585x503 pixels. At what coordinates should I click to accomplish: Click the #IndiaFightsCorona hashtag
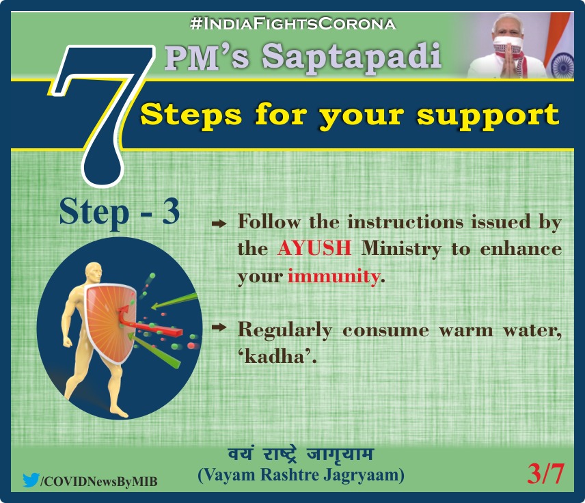pos(293,24)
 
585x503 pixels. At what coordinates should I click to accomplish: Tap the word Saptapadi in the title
pos(351,57)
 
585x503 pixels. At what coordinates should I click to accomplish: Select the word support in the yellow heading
pos(488,115)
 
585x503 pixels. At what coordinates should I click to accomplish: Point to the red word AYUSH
pos(314,248)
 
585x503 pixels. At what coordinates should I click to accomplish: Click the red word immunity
pos(334,276)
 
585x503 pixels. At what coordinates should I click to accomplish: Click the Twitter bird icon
pos(31,480)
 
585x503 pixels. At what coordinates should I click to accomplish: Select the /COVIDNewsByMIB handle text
pos(99,481)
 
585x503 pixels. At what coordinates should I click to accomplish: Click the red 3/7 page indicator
pos(545,474)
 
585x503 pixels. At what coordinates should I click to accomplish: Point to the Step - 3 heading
pos(120,211)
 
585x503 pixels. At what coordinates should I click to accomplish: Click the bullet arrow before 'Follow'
pos(219,224)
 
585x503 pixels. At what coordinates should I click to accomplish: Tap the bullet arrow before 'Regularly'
pos(219,327)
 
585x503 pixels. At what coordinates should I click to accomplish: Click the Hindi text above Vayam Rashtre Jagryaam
pos(301,454)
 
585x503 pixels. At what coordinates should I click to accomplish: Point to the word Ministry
pos(401,249)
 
